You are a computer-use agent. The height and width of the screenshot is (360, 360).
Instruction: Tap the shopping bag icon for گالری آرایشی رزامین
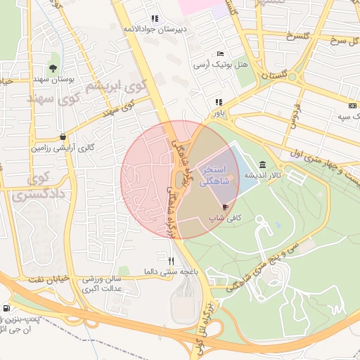(63, 136)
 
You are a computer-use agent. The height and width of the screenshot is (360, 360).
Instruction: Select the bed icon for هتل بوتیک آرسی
(221, 53)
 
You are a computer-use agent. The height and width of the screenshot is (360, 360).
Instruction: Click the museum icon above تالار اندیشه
(262, 164)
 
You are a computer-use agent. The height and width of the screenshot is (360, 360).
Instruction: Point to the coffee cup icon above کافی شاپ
(225, 207)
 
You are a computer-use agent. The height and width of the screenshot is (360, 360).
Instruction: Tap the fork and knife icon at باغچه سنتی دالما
(161, 260)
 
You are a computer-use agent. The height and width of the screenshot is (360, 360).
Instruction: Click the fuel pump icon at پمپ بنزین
(6, 308)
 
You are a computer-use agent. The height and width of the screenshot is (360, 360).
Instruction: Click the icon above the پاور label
(219, 102)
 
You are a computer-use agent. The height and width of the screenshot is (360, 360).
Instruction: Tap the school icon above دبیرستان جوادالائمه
(155, 19)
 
